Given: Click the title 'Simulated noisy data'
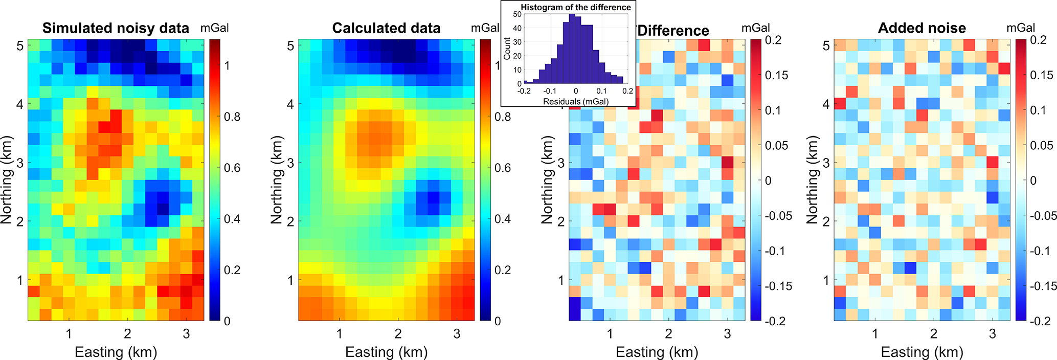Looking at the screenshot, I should tap(116, 28).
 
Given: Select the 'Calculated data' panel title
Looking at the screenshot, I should tap(386, 28).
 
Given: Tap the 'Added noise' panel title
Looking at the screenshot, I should tap(921, 28).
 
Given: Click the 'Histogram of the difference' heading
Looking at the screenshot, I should tap(576, 7).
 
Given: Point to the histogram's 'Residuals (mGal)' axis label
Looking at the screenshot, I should tap(576, 101).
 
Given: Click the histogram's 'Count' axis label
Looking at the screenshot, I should tap(507, 49).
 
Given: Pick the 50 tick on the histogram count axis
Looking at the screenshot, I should tap(517, 14).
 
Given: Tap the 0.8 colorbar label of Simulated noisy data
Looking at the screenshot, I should tap(232, 117).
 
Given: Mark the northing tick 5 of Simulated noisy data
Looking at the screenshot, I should tap(20, 46).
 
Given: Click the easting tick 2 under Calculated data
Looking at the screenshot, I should tap(398, 334).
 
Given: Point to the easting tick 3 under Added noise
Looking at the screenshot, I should tap(992, 334).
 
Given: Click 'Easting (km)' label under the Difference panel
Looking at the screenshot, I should tap(657, 352).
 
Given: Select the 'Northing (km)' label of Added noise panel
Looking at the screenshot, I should tap(813, 179).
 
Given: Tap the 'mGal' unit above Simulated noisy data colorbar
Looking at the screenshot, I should tap(214, 28).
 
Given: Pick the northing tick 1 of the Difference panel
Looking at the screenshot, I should tap(561, 280).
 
